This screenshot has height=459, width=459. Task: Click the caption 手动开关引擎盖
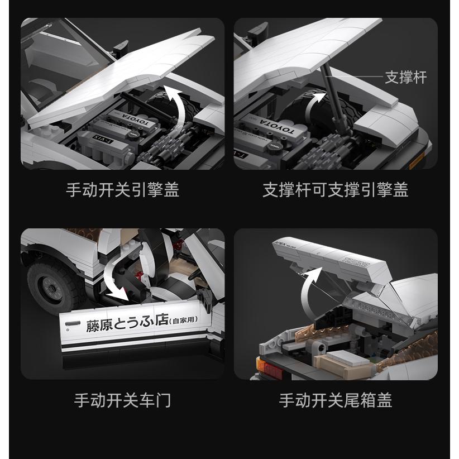[x=122, y=190]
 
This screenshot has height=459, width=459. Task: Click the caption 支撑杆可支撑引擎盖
[x=335, y=190]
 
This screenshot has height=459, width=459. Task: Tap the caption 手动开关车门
[x=122, y=400]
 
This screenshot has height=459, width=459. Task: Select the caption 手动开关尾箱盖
[x=335, y=400]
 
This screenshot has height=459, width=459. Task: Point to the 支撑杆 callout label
[x=406, y=78]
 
